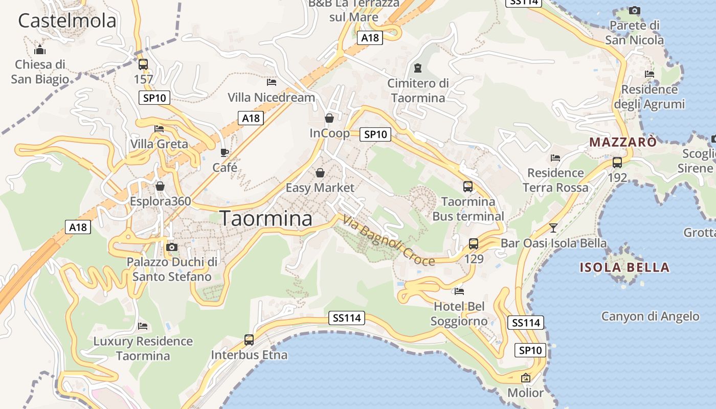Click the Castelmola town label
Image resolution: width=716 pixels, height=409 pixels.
[x=67, y=21]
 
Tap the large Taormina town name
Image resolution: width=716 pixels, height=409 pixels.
[x=266, y=218]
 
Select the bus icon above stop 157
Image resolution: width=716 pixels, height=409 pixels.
[x=143, y=64]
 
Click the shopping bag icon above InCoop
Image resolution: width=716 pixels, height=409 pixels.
[x=329, y=118]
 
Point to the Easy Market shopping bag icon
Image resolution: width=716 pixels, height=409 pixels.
[x=320, y=173]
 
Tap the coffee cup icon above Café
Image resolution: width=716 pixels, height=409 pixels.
[x=224, y=152]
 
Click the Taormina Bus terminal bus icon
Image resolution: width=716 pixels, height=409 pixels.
[x=468, y=186]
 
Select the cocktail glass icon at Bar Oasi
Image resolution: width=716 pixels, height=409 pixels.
[x=553, y=228]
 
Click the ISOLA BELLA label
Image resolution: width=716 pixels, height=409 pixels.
[x=624, y=267]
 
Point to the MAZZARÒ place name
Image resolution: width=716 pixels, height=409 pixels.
[x=623, y=142]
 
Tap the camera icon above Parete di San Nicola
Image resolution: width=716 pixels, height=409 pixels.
[x=634, y=10]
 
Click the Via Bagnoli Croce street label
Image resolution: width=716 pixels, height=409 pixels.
[x=389, y=241]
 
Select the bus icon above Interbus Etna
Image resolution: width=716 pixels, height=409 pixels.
[x=249, y=339]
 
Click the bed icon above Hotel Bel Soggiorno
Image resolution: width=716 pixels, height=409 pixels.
[x=459, y=291]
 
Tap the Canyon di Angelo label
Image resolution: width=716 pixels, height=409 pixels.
[x=650, y=316]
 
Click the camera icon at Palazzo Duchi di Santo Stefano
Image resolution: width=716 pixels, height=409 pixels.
[x=172, y=247]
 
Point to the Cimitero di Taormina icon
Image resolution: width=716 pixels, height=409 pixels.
[x=418, y=67]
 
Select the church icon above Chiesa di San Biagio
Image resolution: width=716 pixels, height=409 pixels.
[x=40, y=50]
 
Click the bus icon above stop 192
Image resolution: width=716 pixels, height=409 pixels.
[x=617, y=163]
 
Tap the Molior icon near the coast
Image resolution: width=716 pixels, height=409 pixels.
[x=525, y=378]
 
